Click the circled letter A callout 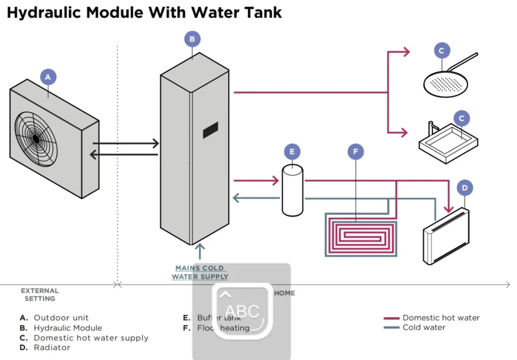[x=48, y=77]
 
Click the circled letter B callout [x=192, y=39]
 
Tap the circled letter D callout [x=464, y=188]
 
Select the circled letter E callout [x=292, y=151]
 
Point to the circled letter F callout [x=356, y=151]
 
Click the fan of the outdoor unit [x=36, y=137]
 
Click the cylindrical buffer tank [x=292, y=190]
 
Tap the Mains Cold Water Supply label [x=200, y=272]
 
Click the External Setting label [x=40, y=294]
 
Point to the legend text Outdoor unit [x=61, y=318]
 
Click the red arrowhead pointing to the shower [x=406, y=52]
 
